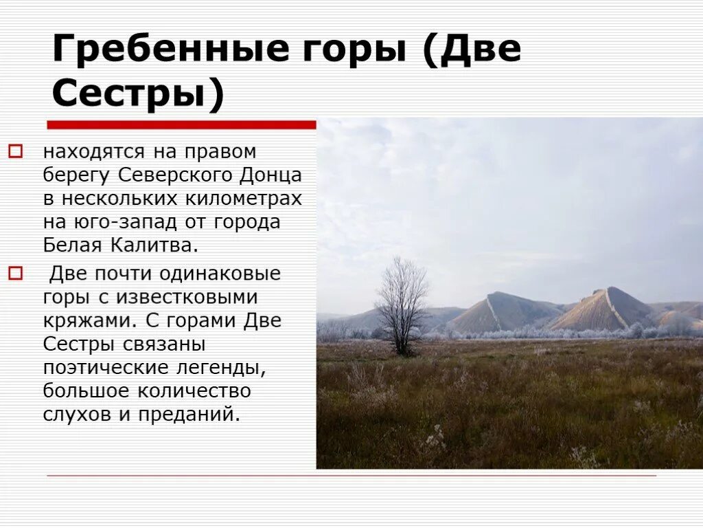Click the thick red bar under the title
click(x=181, y=125)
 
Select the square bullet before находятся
click(x=16, y=151)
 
